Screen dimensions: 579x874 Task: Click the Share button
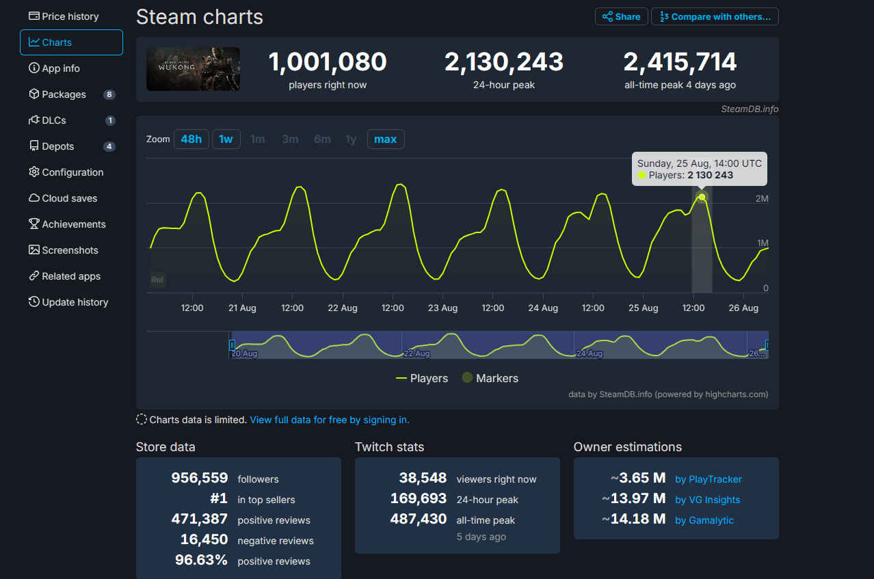(621, 16)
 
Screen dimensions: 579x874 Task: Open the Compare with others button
(715, 16)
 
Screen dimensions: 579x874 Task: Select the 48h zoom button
(191, 139)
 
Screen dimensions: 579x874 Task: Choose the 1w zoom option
(226, 139)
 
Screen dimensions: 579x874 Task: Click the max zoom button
(385, 139)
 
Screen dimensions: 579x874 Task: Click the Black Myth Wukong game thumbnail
(193, 69)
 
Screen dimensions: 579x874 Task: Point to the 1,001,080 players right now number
(328, 62)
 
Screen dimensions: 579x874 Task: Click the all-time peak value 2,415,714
(680, 62)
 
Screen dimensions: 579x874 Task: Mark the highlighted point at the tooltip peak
(702, 197)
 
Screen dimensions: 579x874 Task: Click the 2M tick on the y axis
(761, 198)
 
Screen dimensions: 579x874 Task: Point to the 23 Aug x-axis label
(442, 308)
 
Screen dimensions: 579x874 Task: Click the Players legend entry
(422, 378)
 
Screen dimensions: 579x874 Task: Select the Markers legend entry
(490, 378)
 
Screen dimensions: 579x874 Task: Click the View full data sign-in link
(329, 420)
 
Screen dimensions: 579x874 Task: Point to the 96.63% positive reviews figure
(202, 561)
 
